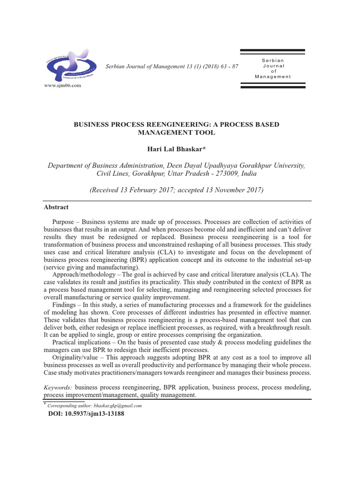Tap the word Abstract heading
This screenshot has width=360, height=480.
click(56, 207)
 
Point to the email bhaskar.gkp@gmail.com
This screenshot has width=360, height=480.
click(118, 405)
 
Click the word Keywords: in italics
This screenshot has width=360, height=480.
click(58, 388)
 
